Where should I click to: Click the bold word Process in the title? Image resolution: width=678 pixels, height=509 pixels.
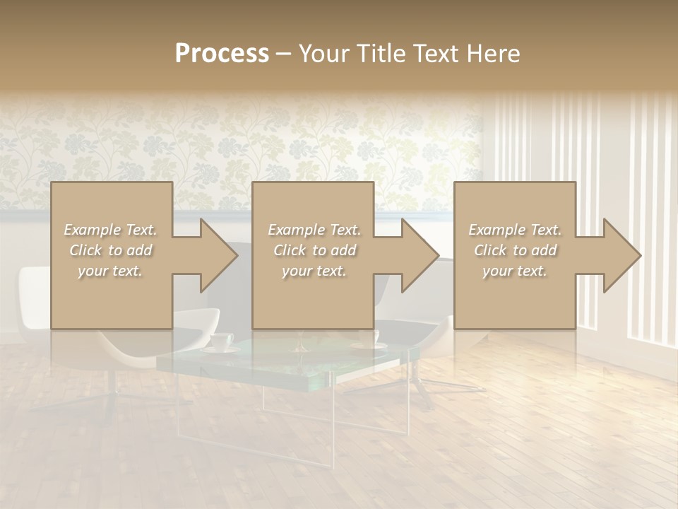point(222,54)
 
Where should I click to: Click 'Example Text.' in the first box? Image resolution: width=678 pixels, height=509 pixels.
point(111,230)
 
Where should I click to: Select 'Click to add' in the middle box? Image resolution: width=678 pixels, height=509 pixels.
point(314,250)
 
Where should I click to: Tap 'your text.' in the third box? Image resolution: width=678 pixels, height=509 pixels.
point(515,271)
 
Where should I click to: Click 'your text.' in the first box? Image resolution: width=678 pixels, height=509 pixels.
point(111,271)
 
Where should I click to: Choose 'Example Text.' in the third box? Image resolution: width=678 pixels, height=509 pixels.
point(515,230)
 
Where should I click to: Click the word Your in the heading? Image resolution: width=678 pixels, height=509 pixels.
point(323,54)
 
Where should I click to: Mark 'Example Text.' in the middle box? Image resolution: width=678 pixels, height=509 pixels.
point(314,230)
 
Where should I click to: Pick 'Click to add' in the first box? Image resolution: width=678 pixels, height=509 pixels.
point(111,250)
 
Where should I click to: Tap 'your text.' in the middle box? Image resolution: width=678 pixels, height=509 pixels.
point(314,271)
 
